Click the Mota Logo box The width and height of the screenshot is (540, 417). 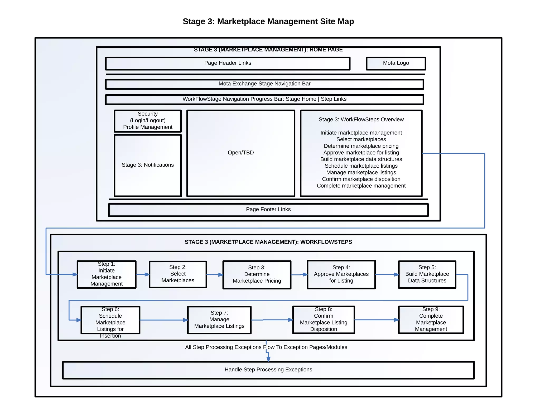(396, 63)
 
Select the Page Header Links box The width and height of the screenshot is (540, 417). (228, 63)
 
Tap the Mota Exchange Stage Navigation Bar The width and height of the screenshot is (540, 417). (264, 84)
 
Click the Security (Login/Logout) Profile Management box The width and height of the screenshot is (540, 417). (148, 121)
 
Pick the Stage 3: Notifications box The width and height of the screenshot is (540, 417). (148, 165)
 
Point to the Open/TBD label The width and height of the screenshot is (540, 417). (240, 153)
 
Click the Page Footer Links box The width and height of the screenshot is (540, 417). (268, 210)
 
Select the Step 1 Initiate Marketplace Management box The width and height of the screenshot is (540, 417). (107, 274)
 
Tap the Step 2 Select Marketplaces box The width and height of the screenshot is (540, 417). (178, 274)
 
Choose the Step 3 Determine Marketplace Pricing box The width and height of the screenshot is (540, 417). (257, 274)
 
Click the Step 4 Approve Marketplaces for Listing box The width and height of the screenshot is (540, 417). (341, 274)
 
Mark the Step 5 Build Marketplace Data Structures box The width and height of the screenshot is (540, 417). (427, 274)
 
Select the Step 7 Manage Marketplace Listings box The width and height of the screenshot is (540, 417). (219, 320)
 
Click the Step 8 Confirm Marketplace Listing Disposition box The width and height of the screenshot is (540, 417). (324, 319)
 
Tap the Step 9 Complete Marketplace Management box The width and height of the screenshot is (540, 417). (431, 319)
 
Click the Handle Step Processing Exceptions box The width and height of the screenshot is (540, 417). (268, 370)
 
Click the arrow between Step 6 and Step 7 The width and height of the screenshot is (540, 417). (163, 320)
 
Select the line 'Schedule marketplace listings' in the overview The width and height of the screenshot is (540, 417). (361, 166)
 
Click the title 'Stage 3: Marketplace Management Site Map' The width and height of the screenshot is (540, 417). (268, 21)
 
